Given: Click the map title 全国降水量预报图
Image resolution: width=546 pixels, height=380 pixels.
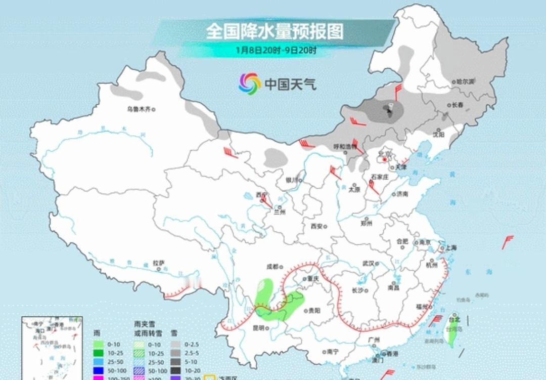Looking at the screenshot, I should (275, 31).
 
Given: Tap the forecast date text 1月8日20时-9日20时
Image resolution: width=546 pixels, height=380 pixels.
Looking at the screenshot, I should (277, 50).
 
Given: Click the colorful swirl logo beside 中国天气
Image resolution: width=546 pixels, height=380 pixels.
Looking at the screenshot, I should (250, 83).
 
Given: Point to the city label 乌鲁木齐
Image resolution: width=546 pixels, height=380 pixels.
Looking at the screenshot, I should (139, 109).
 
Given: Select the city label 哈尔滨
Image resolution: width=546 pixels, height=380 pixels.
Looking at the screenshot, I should (465, 81).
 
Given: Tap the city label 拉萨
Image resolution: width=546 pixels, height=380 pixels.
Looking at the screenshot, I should (158, 263).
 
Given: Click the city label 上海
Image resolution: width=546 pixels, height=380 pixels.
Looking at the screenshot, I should (451, 247).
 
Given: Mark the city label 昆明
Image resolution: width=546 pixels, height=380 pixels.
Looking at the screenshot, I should (259, 327).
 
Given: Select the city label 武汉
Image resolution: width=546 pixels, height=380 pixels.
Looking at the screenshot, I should (368, 263).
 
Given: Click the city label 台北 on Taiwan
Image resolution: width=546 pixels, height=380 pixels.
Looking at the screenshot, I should (454, 319).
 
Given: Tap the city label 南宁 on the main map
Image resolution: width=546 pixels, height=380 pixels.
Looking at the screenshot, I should (332, 351).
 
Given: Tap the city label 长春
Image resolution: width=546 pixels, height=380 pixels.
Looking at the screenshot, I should (458, 105).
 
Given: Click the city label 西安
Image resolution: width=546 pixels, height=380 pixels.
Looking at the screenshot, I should (316, 226).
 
